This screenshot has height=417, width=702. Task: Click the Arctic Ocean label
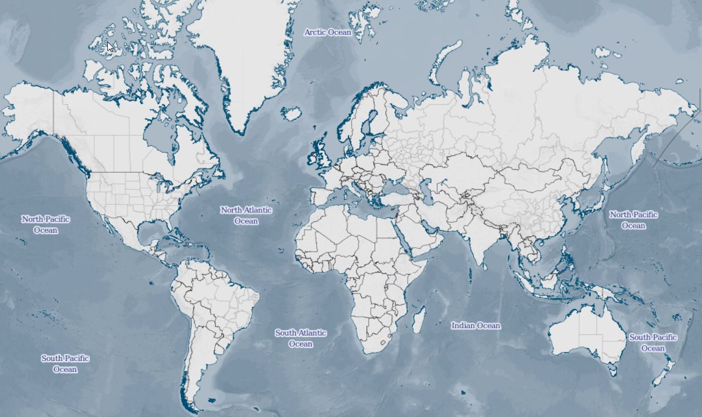point(327,32)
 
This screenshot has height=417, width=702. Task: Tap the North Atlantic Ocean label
point(246,215)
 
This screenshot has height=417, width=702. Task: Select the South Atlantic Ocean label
point(301,338)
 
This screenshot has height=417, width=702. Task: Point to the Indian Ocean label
point(475,325)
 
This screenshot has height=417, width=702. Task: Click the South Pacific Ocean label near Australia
point(653,342)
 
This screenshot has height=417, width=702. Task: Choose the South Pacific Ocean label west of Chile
point(65,363)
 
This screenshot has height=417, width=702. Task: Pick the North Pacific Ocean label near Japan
point(633,220)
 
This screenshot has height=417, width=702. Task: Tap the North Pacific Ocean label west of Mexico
point(45,224)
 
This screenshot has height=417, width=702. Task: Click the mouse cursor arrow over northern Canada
point(110,47)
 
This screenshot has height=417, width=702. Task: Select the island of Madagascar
point(419,319)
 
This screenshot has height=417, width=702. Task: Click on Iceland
point(291,114)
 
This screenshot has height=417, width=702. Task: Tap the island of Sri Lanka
point(486,264)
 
